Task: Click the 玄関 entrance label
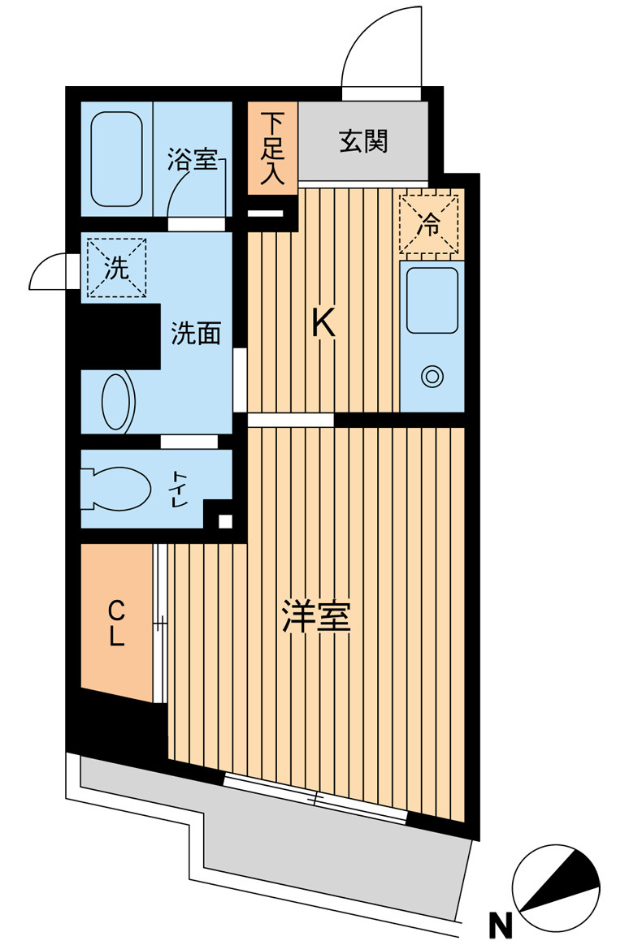tap(363, 141)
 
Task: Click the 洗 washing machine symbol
tap(117, 269)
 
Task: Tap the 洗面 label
tap(196, 333)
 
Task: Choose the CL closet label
tap(117, 623)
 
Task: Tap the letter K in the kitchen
tap(323, 326)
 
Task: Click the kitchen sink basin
tap(432, 300)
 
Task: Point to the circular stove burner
tap(431, 376)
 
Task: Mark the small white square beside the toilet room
tap(225, 521)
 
